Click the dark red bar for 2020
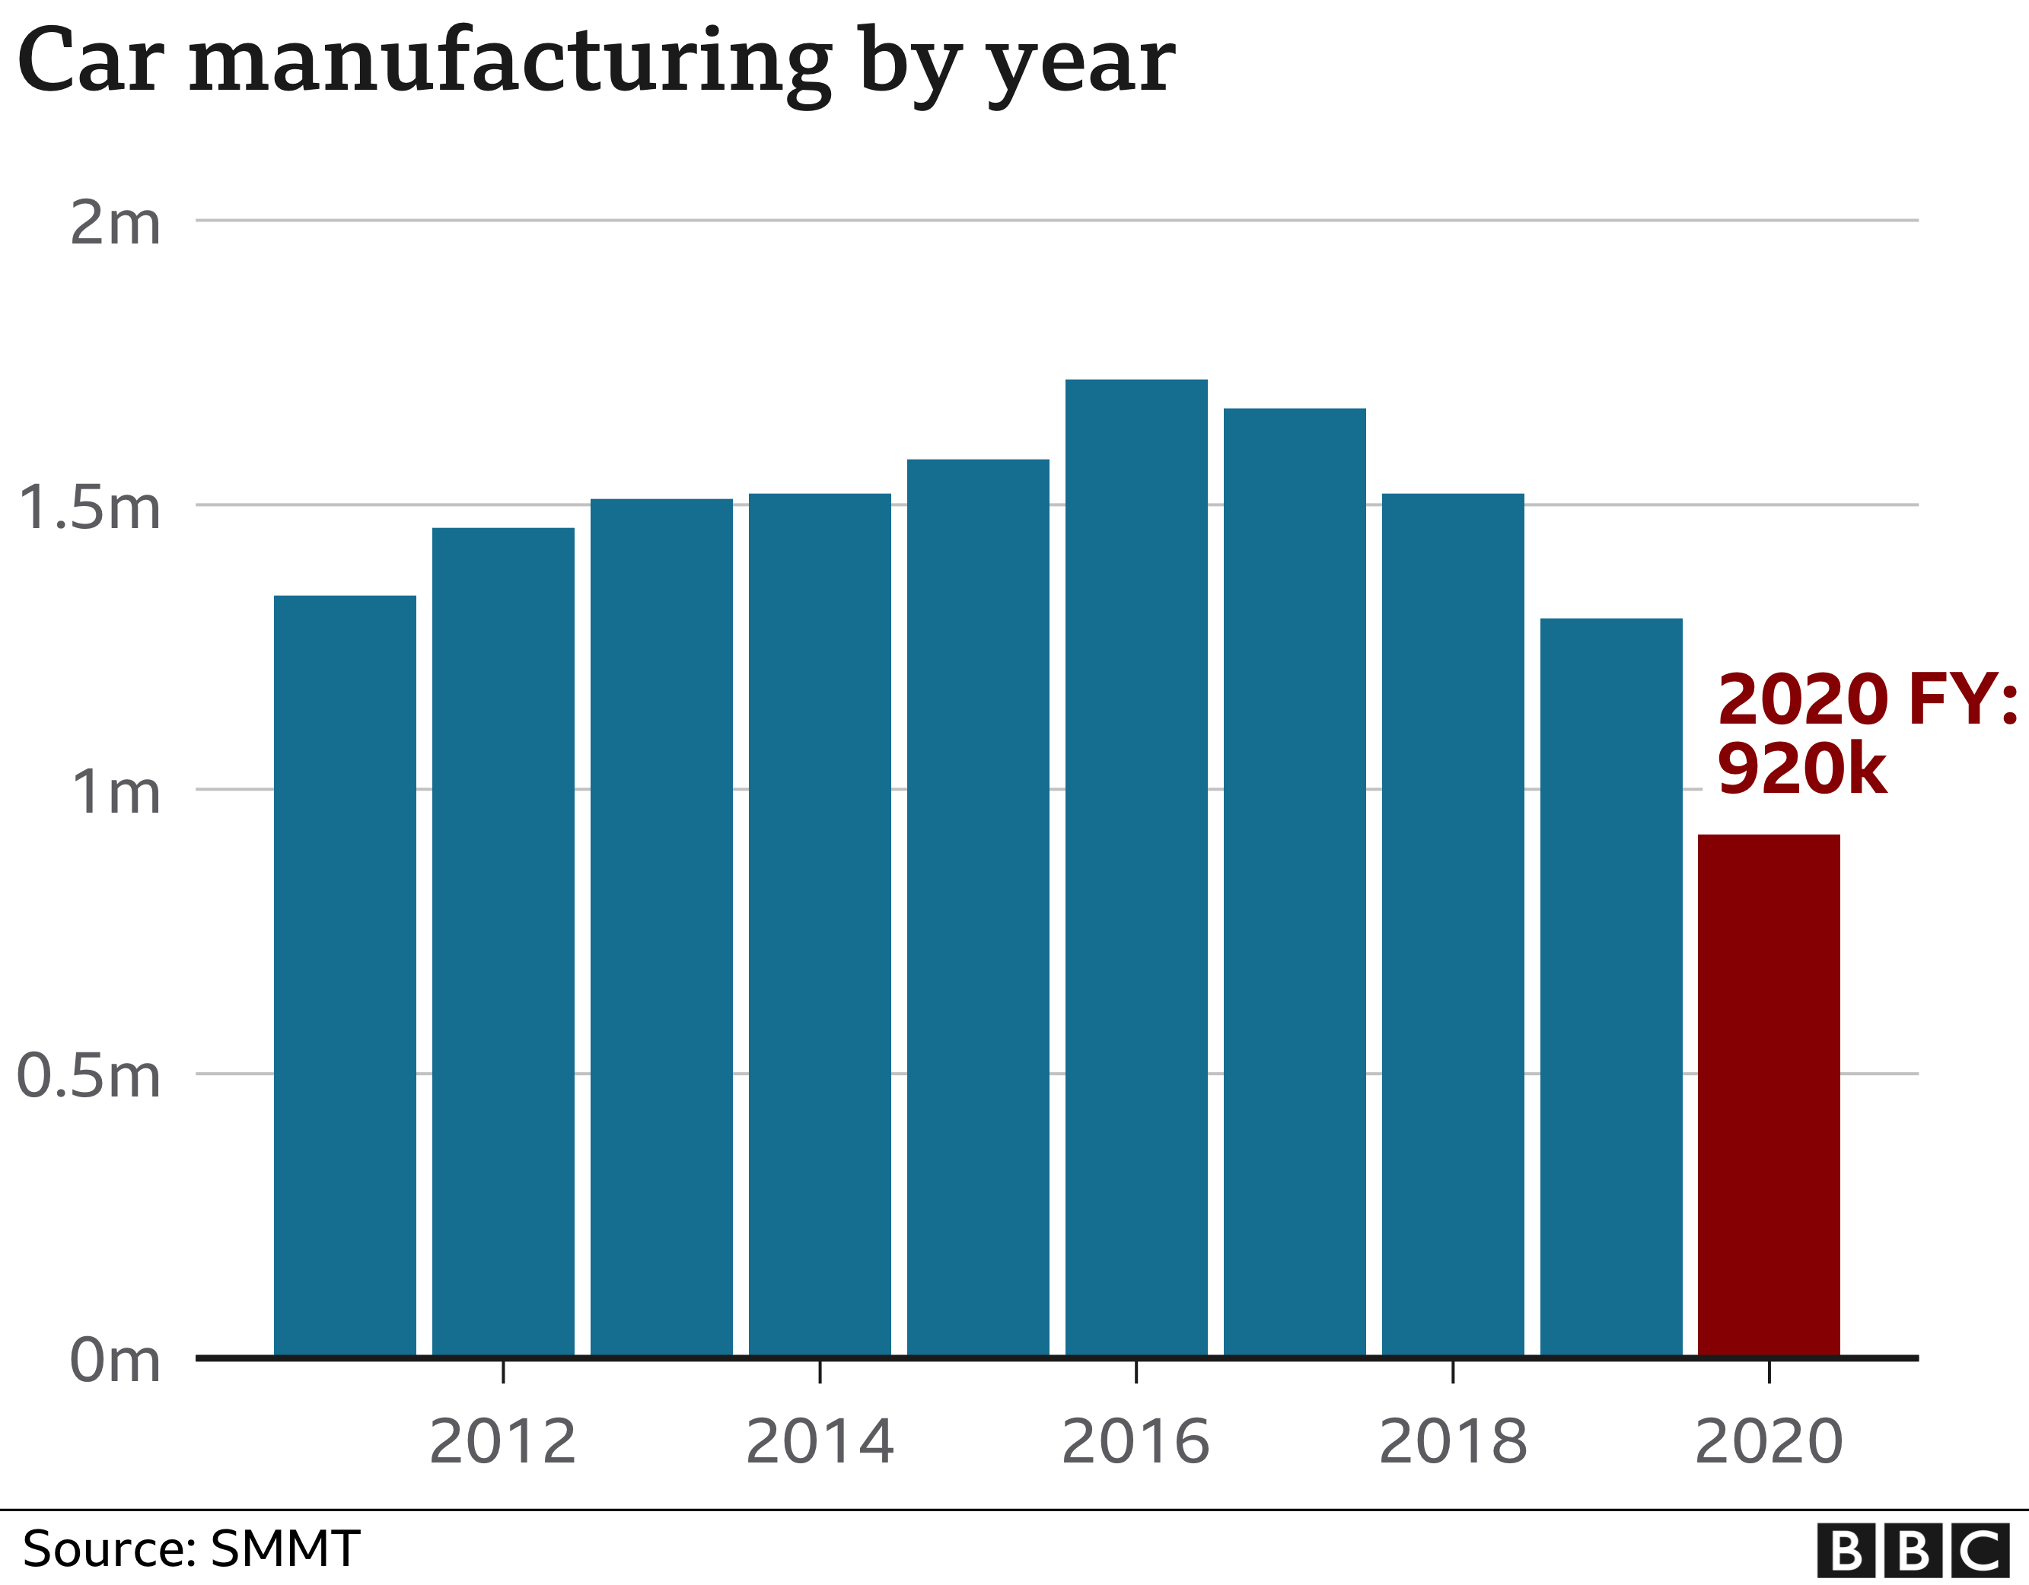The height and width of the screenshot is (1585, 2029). tap(1769, 1096)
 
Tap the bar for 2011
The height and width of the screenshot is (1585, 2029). tap(345, 976)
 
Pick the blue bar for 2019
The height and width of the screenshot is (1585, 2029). tap(1611, 987)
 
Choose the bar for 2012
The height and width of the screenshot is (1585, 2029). tap(502, 942)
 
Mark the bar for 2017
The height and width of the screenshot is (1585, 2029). tap(1294, 883)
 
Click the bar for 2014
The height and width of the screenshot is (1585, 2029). tap(820, 925)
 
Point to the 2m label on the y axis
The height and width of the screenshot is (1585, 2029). tap(115, 224)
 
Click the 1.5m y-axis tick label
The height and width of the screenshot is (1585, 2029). tap(89, 508)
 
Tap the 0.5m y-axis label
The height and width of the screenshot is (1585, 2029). tap(89, 1077)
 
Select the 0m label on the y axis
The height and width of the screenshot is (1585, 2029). tap(115, 1361)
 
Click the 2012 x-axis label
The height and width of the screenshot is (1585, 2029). tap(502, 1442)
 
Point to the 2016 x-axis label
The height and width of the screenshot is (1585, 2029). tap(1136, 1442)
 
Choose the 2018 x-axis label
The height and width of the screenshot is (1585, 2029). tap(1453, 1442)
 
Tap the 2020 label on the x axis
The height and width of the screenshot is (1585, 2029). tap(1769, 1442)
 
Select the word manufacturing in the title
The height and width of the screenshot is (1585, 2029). tap(510, 63)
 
